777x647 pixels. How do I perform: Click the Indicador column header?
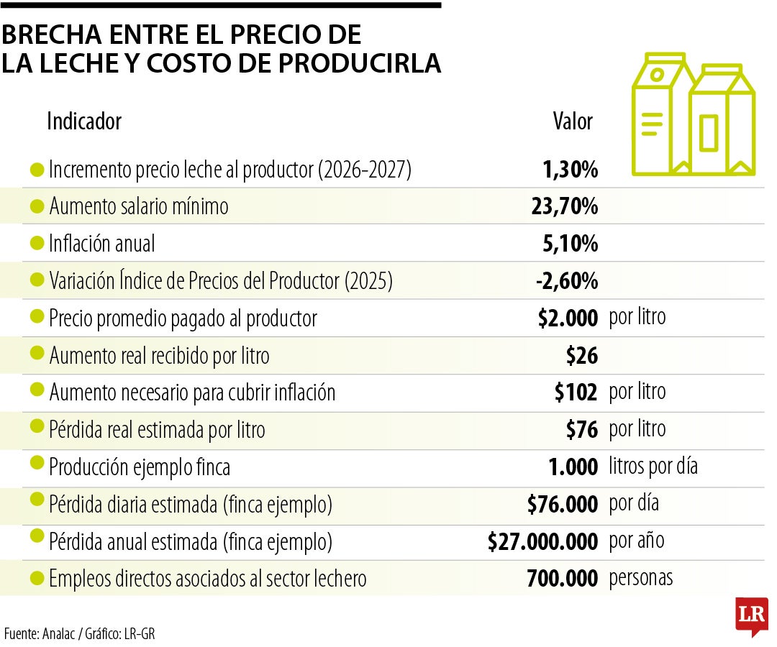click(x=84, y=121)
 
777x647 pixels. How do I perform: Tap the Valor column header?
click(x=572, y=121)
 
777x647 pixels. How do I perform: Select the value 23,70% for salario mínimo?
click(x=564, y=207)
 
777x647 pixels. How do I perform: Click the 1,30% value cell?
click(x=570, y=170)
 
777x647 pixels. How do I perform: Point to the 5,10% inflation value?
click(x=570, y=244)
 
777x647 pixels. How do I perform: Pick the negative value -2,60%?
click(x=566, y=281)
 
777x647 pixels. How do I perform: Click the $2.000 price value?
click(x=568, y=318)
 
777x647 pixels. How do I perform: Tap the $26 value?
click(x=582, y=355)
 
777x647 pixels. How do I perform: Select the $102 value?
click(x=576, y=393)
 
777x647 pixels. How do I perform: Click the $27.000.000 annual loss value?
click(x=542, y=542)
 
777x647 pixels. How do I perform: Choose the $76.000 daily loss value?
click(x=562, y=505)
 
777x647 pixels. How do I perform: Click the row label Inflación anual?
click(x=101, y=244)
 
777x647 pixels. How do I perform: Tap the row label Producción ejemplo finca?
click(x=140, y=468)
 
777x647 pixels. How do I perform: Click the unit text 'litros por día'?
click(x=653, y=467)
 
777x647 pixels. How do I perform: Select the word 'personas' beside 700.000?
click(x=641, y=578)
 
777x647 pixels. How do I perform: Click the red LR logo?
click(x=751, y=615)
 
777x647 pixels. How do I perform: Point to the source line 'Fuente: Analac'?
click(x=43, y=633)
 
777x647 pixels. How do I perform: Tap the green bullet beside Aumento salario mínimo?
click(x=37, y=207)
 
